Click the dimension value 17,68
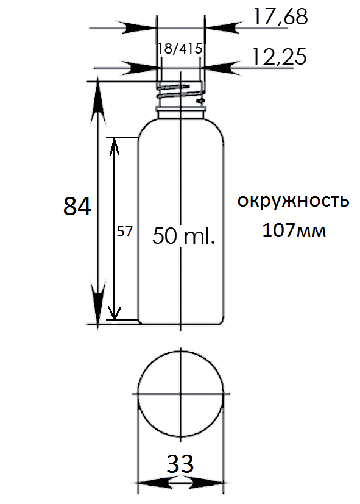click(x=281, y=16)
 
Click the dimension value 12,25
click(x=279, y=57)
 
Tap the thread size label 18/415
click(x=180, y=49)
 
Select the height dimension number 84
click(x=77, y=206)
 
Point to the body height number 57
click(x=125, y=232)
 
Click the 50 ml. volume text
click(x=183, y=236)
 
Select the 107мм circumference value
click(x=294, y=230)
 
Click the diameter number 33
click(x=180, y=464)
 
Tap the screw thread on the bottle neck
click(x=180, y=91)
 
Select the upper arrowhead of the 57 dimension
click(x=114, y=146)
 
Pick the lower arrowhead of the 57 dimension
click(x=114, y=311)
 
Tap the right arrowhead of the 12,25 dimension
click(x=222, y=68)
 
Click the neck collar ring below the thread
click(x=181, y=110)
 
